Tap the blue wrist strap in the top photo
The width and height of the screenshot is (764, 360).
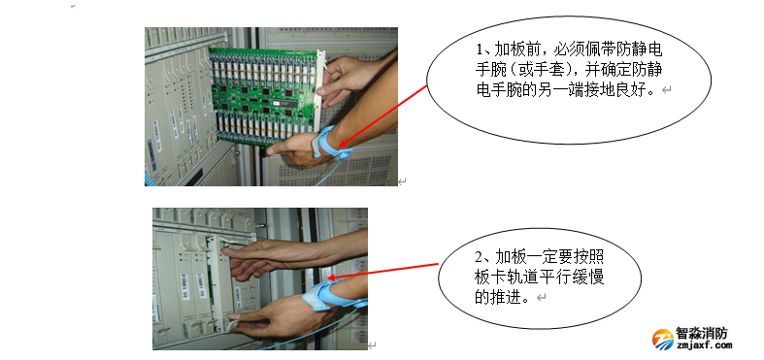coord(330,143)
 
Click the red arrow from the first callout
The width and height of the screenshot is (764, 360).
coord(382,115)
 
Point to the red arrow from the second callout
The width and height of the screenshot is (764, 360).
coord(385,272)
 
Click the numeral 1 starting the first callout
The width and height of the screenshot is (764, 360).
coord(480,49)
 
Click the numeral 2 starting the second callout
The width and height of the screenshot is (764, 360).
coord(479,257)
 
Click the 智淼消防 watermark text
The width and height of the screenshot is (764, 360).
coord(701,334)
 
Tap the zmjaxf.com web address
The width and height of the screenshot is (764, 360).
coord(704,345)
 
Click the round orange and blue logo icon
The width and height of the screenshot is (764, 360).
coord(663,339)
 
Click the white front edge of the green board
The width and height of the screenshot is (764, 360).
coord(320,73)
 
